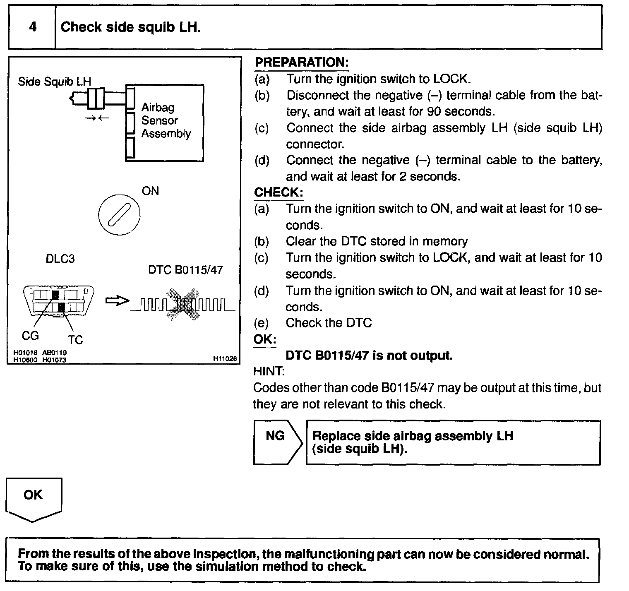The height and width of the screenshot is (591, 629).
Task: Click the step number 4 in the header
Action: (33, 27)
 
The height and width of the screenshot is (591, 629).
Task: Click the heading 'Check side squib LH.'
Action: (131, 27)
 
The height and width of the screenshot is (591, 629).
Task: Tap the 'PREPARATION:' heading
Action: (302, 62)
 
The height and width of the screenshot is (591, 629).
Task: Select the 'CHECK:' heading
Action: (278, 192)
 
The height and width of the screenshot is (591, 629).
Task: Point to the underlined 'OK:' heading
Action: (265, 339)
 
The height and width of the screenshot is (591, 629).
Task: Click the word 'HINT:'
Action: (269, 371)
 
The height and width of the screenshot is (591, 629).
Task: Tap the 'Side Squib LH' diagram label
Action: (54, 82)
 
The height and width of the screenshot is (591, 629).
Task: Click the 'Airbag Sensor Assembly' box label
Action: (166, 120)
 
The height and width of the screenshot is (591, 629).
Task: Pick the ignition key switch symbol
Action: (119, 215)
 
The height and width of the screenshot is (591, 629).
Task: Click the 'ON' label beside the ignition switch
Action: (150, 191)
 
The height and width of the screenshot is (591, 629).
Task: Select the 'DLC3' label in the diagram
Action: (60, 259)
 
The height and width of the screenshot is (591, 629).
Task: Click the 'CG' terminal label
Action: (30, 336)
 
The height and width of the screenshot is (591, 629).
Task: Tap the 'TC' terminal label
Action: (75, 340)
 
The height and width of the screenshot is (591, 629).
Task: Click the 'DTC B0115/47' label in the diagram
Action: (185, 270)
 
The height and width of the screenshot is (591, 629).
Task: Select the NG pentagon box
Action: (276, 442)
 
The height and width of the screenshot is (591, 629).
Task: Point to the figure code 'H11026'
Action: (225, 359)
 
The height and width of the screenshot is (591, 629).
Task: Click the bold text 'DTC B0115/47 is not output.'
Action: (369, 356)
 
